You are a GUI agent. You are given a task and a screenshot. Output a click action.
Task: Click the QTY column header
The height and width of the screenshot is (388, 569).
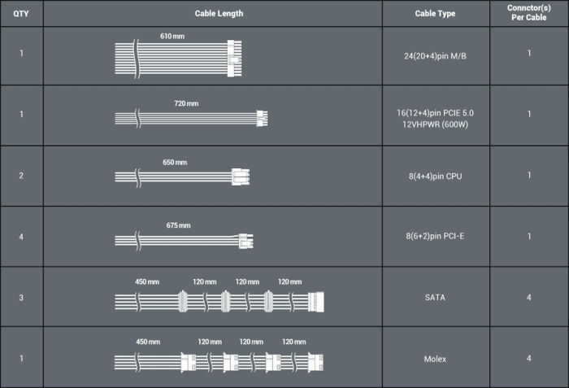click(x=21, y=14)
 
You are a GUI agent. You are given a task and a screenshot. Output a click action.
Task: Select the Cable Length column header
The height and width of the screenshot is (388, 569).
click(x=219, y=14)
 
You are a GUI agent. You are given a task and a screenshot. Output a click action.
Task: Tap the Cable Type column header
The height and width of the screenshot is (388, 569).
click(x=435, y=14)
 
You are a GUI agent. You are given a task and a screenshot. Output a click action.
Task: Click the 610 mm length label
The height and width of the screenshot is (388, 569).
click(x=172, y=36)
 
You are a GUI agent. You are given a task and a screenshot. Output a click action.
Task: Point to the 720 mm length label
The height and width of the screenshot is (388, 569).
click(x=186, y=103)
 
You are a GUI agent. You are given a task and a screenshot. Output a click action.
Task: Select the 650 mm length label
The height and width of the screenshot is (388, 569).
click(x=175, y=163)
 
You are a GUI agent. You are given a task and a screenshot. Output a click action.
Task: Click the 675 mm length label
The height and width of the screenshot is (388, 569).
click(x=179, y=225)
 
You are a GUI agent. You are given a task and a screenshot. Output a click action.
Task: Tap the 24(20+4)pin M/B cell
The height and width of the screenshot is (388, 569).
click(x=435, y=56)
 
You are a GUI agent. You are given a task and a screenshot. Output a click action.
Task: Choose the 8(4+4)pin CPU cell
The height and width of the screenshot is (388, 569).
click(x=435, y=177)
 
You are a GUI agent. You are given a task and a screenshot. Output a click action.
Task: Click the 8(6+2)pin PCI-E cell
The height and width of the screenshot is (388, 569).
click(x=435, y=236)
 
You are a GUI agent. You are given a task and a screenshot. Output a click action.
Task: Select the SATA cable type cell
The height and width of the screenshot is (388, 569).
click(x=435, y=298)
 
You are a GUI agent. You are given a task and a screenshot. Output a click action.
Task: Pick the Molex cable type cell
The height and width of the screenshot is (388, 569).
click(x=435, y=359)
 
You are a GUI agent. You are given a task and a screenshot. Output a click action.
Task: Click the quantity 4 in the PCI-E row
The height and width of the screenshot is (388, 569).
click(x=21, y=237)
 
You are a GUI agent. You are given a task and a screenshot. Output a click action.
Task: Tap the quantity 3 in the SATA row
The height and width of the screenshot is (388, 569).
click(x=21, y=298)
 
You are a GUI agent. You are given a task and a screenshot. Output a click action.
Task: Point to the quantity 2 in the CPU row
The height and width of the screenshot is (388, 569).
click(x=21, y=176)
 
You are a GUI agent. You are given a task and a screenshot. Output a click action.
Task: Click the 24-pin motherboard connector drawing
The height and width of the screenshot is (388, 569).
click(x=234, y=59)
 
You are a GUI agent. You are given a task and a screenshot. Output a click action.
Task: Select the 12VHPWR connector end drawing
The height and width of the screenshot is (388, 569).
click(x=262, y=119)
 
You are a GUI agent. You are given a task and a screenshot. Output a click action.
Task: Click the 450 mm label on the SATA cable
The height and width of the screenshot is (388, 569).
click(x=147, y=281)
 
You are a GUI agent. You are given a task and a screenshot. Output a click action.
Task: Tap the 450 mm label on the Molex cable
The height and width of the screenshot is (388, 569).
click(x=148, y=342)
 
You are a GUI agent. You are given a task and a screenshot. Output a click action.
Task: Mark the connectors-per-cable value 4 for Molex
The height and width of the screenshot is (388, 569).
click(x=528, y=359)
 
